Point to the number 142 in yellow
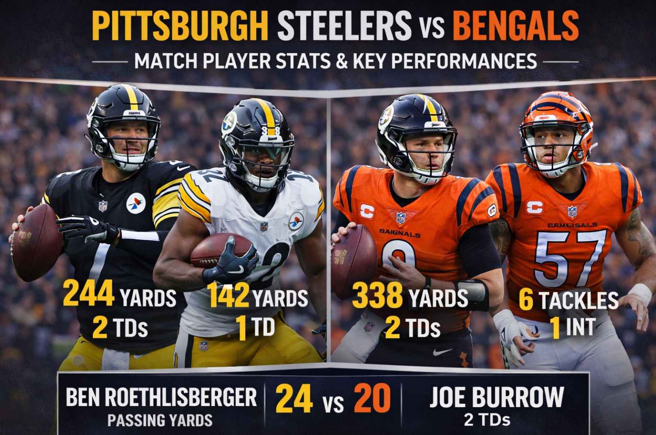point(228,296)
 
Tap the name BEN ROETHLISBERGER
point(161,397)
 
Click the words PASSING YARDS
point(160,420)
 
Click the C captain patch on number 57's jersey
point(534,208)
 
